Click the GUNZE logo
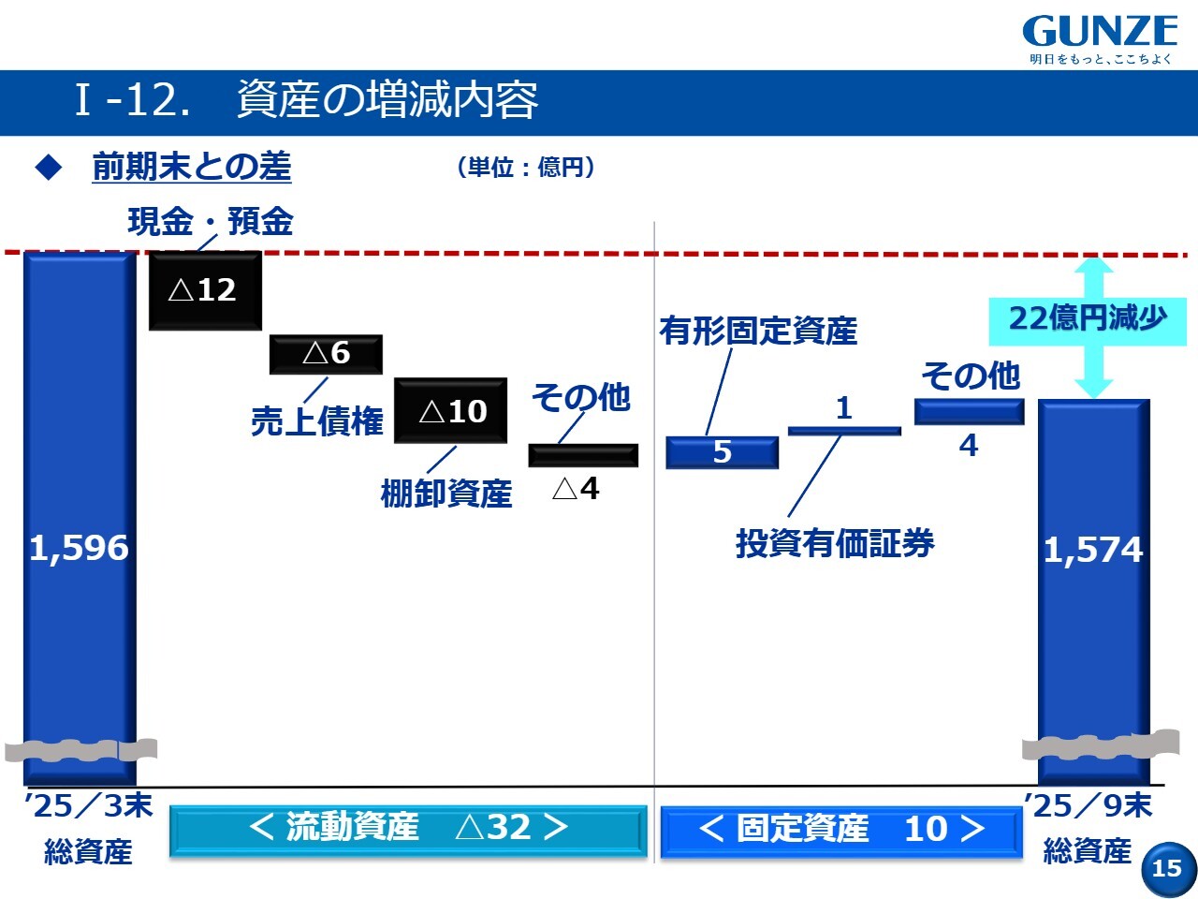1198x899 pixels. (x=1100, y=39)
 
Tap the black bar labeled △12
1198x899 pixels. (x=205, y=290)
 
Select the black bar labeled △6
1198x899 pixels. (x=326, y=354)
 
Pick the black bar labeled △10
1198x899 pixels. (x=450, y=410)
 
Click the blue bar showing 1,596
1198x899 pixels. (x=80, y=519)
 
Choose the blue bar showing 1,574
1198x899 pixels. (x=1094, y=592)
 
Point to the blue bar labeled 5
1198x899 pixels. (x=722, y=452)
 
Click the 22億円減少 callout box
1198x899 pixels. (x=1088, y=321)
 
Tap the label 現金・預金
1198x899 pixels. (x=211, y=222)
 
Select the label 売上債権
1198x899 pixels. (x=317, y=421)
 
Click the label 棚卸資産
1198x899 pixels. (x=446, y=494)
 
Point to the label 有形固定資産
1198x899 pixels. (x=758, y=331)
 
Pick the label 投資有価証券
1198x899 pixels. (x=835, y=544)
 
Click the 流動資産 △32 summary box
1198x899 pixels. (x=408, y=830)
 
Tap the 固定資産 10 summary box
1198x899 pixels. (x=841, y=832)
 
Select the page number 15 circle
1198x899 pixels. (x=1168, y=869)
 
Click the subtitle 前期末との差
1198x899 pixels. (x=192, y=167)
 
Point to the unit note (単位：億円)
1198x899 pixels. (x=526, y=167)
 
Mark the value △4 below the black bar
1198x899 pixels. (x=576, y=489)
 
